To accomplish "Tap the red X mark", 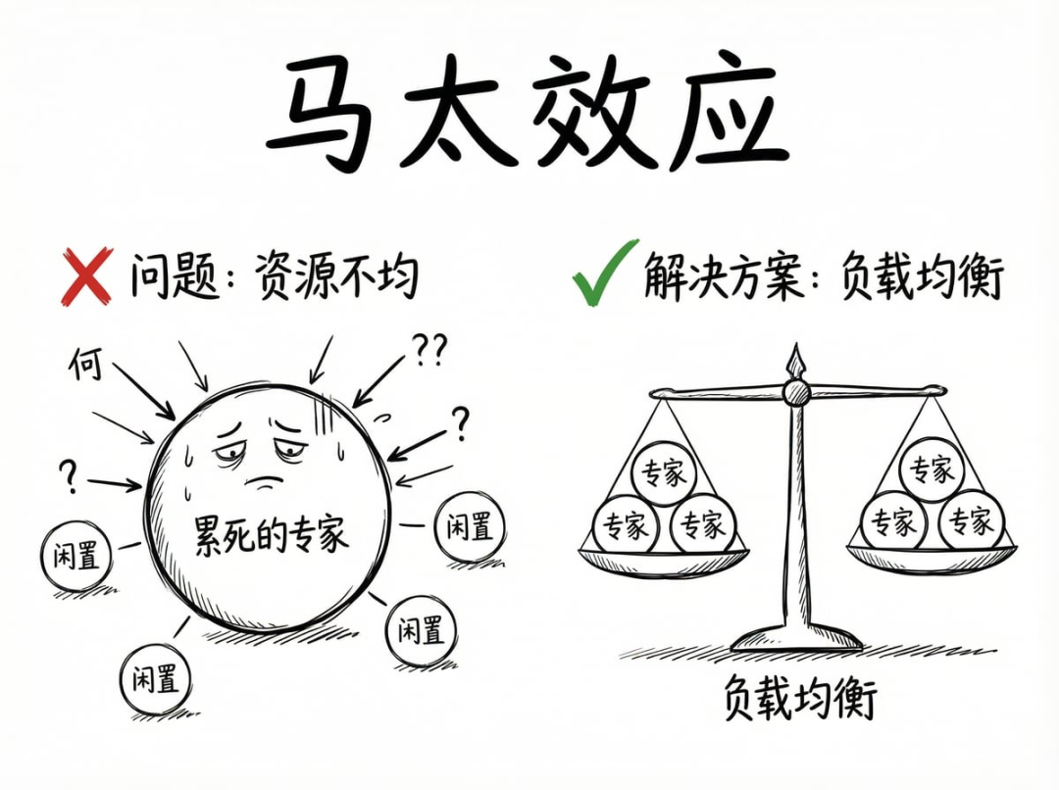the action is [x=87, y=275].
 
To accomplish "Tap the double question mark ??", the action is [x=429, y=348].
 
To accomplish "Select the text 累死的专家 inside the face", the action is [x=272, y=536].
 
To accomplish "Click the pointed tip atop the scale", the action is [x=795, y=355].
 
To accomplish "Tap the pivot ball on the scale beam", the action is [x=795, y=393].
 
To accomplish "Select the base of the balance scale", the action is [x=796, y=640].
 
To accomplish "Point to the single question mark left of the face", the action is [x=68, y=475].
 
